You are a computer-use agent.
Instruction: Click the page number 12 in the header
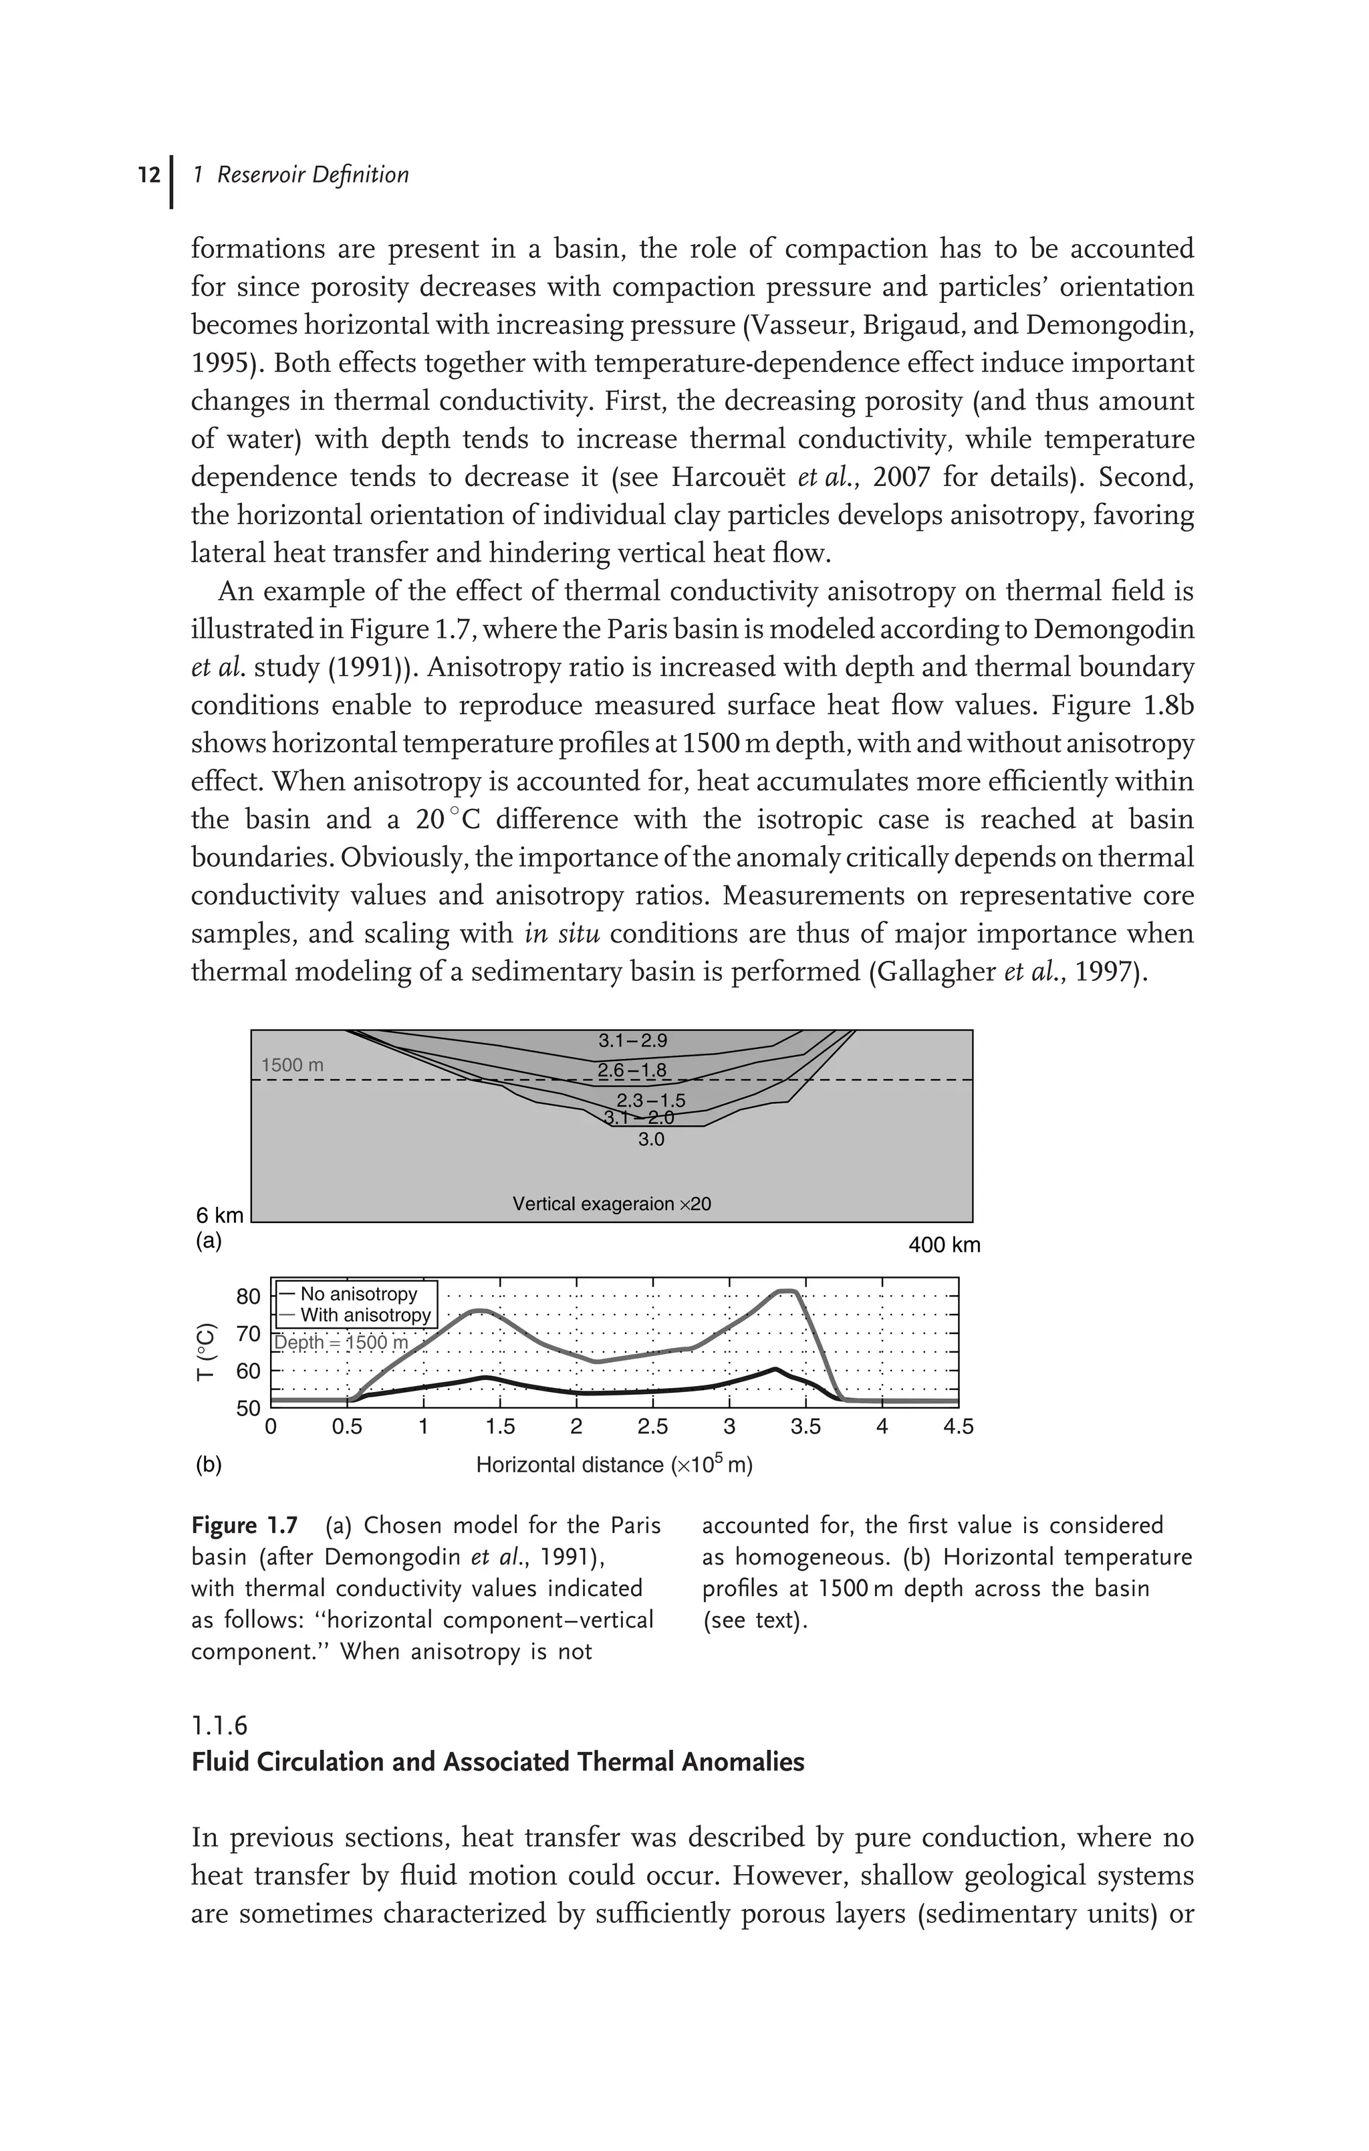pyautogui.click(x=149, y=175)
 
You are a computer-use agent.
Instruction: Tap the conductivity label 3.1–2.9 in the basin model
pyautogui.click(x=632, y=1040)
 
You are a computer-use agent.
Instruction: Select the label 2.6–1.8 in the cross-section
pyautogui.click(x=632, y=1070)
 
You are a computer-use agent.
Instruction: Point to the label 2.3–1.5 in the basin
pyautogui.click(x=651, y=1101)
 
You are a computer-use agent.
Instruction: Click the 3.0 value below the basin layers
pyautogui.click(x=651, y=1140)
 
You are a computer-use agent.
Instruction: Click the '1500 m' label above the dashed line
pyautogui.click(x=292, y=1066)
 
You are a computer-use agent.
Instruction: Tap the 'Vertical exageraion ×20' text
pyautogui.click(x=612, y=1204)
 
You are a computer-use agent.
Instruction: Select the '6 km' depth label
pyautogui.click(x=220, y=1215)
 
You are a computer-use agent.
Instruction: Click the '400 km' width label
pyautogui.click(x=944, y=1245)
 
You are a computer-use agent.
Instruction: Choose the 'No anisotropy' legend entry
pyautogui.click(x=358, y=1294)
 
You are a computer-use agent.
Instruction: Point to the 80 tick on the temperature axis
pyautogui.click(x=248, y=1296)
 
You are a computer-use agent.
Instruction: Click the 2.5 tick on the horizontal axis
pyautogui.click(x=653, y=1428)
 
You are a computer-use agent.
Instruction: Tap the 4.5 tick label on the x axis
pyautogui.click(x=958, y=1428)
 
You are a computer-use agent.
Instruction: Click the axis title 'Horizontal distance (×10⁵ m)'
pyautogui.click(x=614, y=1465)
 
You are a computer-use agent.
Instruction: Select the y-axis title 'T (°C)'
pyautogui.click(x=207, y=1351)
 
